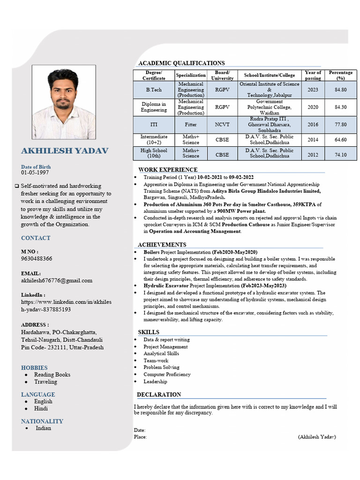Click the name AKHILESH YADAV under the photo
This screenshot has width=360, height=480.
pyautogui.click(x=65, y=151)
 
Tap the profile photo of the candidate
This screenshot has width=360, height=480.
pyautogui.click(x=64, y=102)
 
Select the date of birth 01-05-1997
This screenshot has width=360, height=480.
pyautogui.click(x=34, y=173)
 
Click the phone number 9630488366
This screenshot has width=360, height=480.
pyautogui.click(x=37, y=259)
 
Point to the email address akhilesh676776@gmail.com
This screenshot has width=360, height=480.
pyautogui.click(x=57, y=280)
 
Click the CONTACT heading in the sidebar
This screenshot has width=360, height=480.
pyautogui.click(x=36, y=238)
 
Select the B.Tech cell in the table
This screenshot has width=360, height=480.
pyautogui.click(x=154, y=90)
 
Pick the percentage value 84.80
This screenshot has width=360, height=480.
pyautogui.click(x=341, y=90)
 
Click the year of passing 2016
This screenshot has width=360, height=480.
pyautogui.click(x=313, y=125)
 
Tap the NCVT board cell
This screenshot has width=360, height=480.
pyautogui.click(x=222, y=125)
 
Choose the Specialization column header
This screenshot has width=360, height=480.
pyautogui.click(x=191, y=75)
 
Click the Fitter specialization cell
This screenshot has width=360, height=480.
pyautogui.click(x=191, y=125)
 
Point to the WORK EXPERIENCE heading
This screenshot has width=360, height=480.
pyautogui.click(x=168, y=170)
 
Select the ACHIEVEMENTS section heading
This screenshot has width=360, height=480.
pyautogui.click(x=162, y=245)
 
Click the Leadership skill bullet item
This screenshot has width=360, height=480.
pyautogui.click(x=155, y=382)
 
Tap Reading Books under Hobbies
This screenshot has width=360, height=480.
pyautogui.click(x=52, y=375)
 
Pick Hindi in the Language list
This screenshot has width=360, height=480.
pyautogui.click(x=41, y=408)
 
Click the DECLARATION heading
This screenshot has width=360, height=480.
pyautogui.click(x=158, y=395)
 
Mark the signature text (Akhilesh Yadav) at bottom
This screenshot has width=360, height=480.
pyautogui.click(x=317, y=437)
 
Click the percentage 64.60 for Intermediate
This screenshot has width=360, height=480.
pyautogui.click(x=341, y=140)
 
